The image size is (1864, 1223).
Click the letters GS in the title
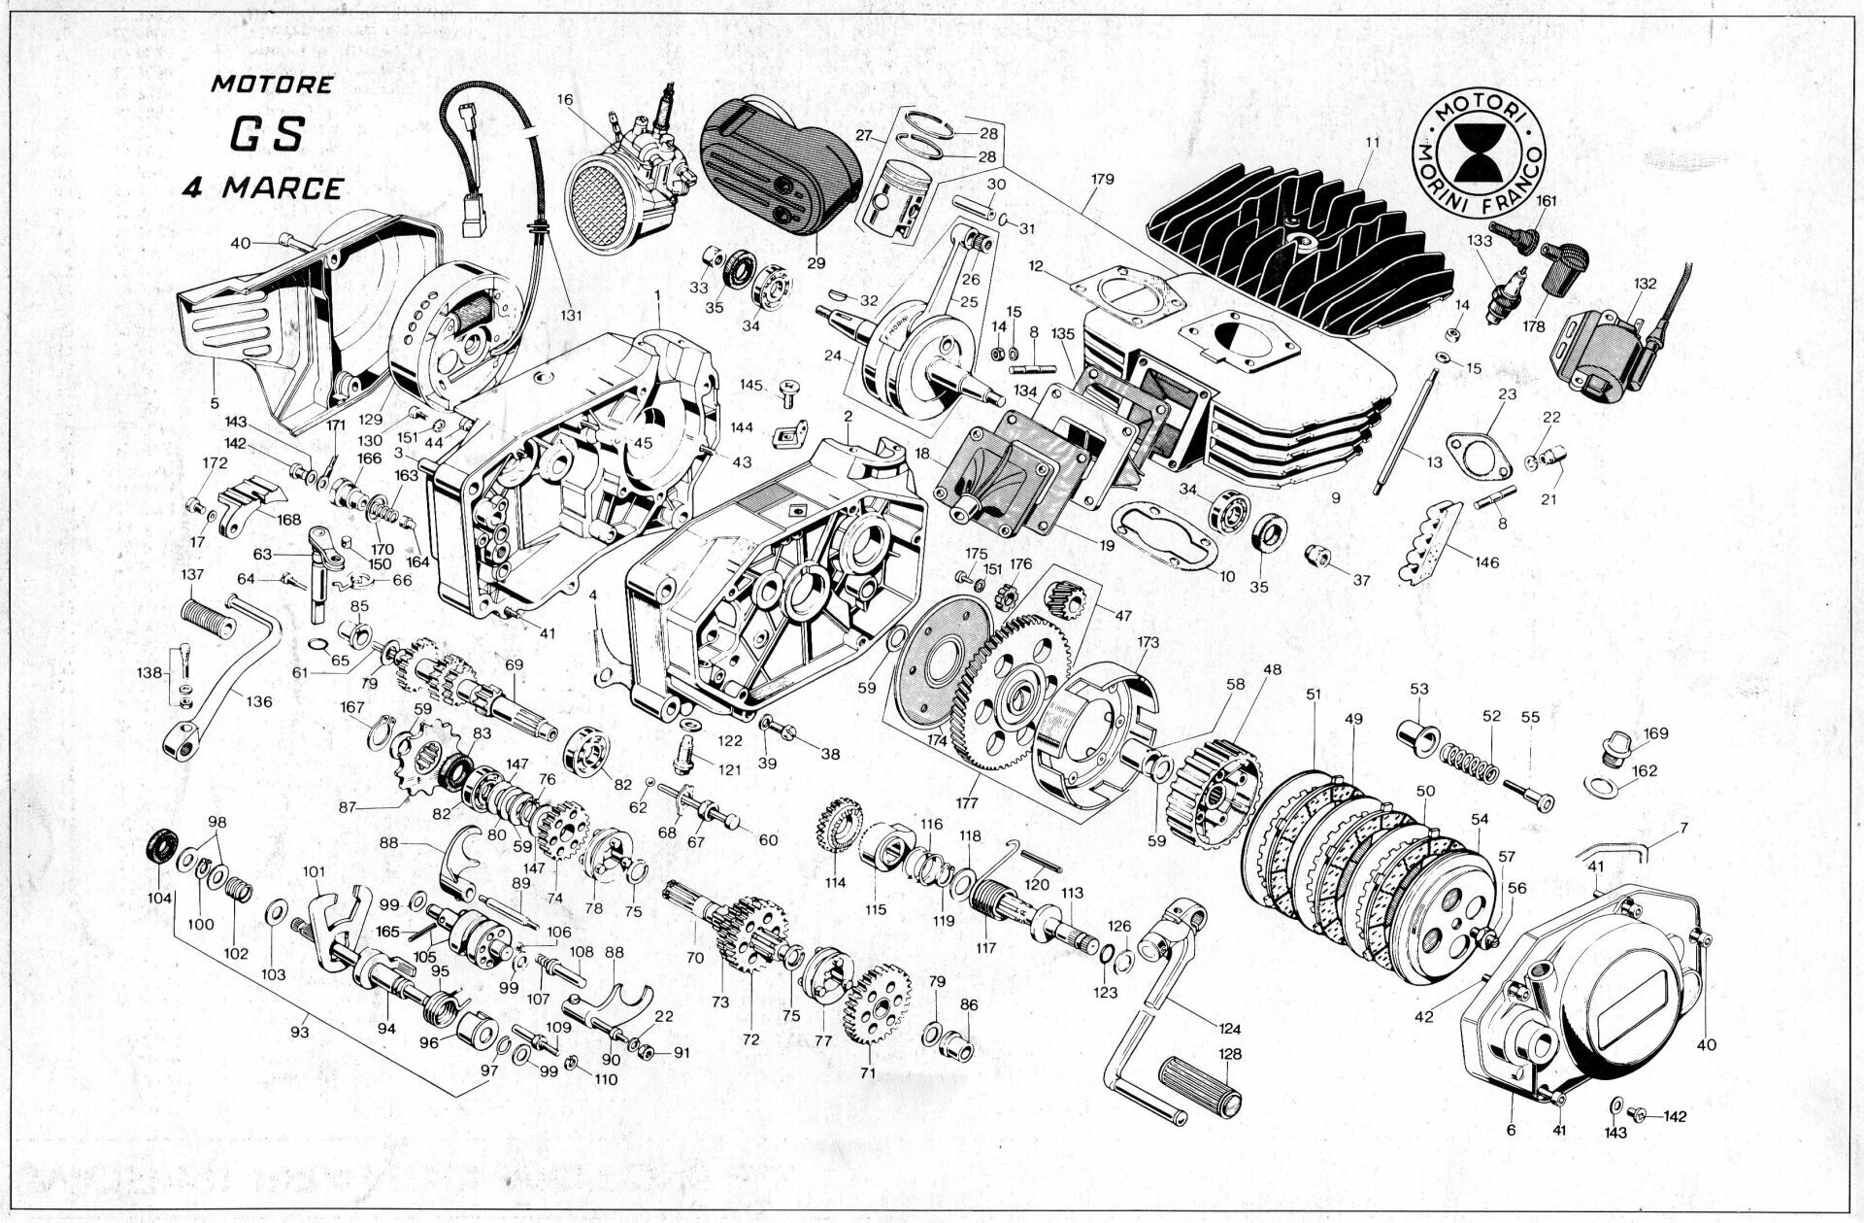[265, 134]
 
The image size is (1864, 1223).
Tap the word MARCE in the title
[283, 187]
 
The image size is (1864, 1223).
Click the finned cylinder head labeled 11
[1301, 233]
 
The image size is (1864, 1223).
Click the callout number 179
[1102, 179]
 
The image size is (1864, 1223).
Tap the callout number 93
[299, 1033]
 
